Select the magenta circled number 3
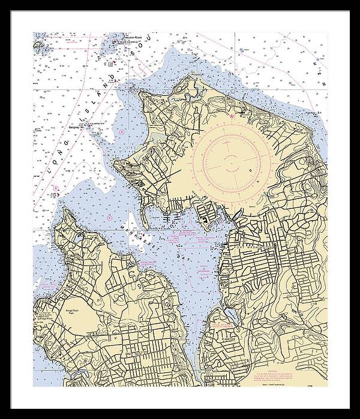point(122,131)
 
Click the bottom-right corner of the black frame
point(350,409)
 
